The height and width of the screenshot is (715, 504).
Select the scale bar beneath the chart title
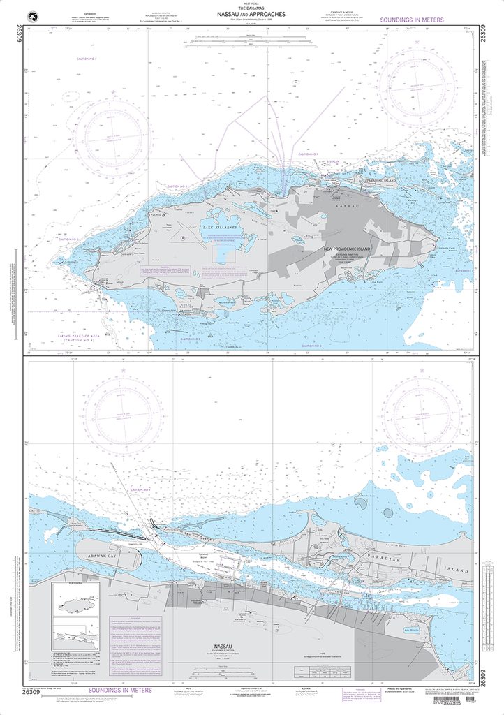251,45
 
